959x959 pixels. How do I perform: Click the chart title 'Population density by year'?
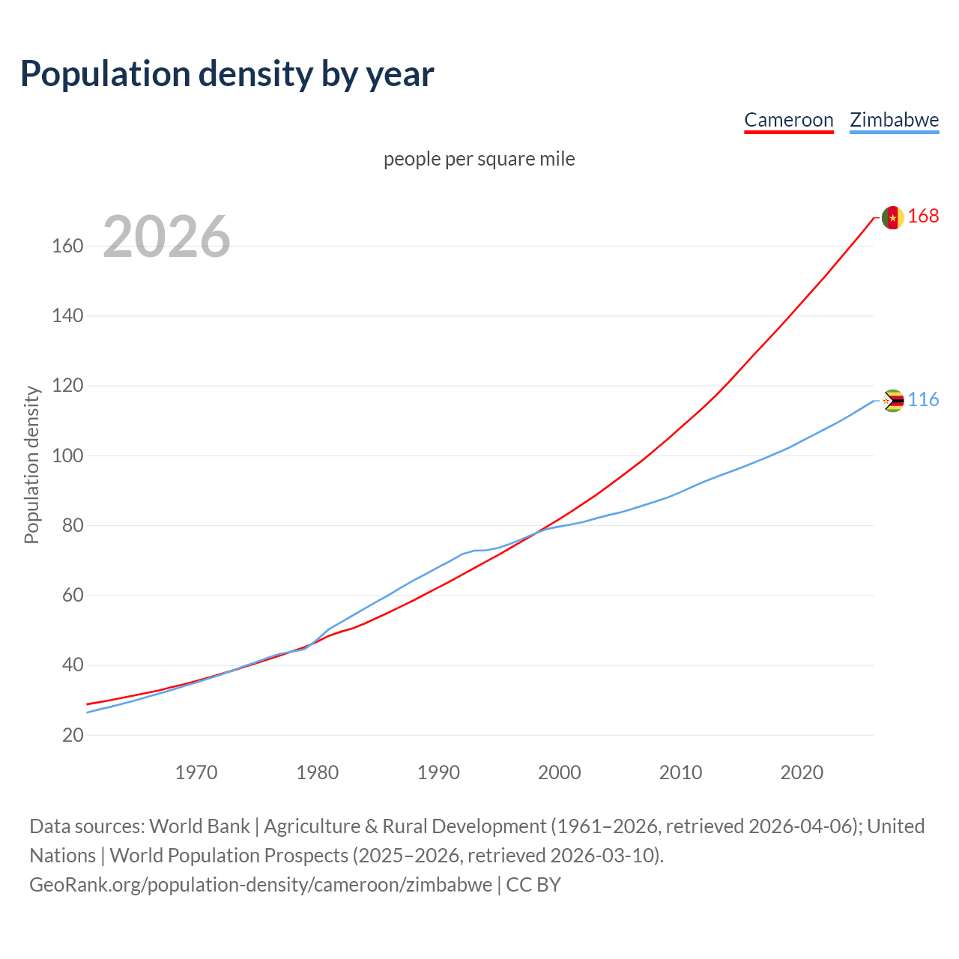pyautogui.click(x=227, y=74)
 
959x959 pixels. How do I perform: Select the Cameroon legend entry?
pyautogui.click(x=788, y=120)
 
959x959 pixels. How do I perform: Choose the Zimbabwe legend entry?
pyautogui.click(x=894, y=120)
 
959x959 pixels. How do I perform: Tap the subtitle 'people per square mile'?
pyautogui.click(x=479, y=159)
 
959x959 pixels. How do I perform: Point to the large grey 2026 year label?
pyautogui.click(x=166, y=237)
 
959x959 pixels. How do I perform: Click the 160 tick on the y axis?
pyautogui.click(x=67, y=246)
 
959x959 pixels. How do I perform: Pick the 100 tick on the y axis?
pyautogui.click(x=67, y=456)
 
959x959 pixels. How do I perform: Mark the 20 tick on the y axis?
pyautogui.click(x=73, y=735)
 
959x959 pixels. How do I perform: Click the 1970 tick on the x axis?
pyautogui.click(x=196, y=772)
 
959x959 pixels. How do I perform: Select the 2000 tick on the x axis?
pyautogui.click(x=560, y=772)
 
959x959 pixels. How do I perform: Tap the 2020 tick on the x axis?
pyautogui.click(x=802, y=772)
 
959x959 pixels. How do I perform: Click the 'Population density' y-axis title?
pyautogui.click(x=31, y=465)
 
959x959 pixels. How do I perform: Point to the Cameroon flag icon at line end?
pyautogui.click(x=892, y=217)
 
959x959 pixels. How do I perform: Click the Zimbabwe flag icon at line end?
pyautogui.click(x=892, y=401)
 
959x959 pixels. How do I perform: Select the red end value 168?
pyautogui.click(x=923, y=216)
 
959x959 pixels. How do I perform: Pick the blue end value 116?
pyautogui.click(x=923, y=399)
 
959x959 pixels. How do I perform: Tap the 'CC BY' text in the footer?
pyautogui.click(x=533, y=885)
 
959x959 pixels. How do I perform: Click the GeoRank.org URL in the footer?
pyautogui.click(x=260, y=885)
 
